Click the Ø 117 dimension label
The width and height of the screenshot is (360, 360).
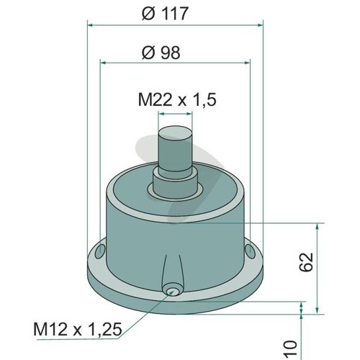point(164,14)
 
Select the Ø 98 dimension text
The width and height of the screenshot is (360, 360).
point(161,53)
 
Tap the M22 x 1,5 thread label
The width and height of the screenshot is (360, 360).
point(177,99)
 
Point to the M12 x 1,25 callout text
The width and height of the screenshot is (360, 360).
point(78,329)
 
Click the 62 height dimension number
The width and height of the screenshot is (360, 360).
point(307,262)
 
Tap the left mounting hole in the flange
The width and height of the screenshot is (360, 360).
point(100,251)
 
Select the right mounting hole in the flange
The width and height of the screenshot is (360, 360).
point(250,251)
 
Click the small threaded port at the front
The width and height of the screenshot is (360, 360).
point(172,291)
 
